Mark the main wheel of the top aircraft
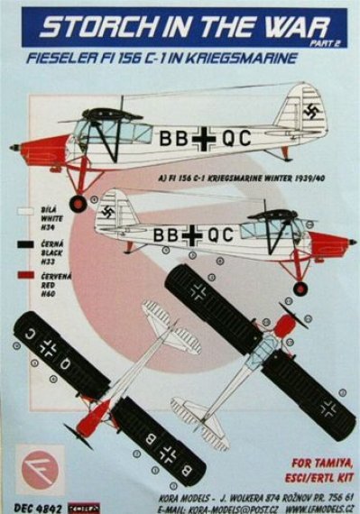pyautogui.click(x=80, y=203)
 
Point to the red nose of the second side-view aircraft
pyautogui.click(x=327, y=243)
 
